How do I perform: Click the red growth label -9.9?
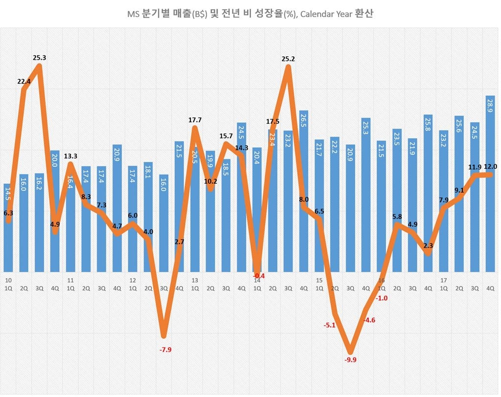tap(350, 360)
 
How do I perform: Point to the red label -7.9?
tap(165, 350)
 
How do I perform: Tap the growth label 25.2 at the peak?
tap(288, 59)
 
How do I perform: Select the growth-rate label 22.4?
tap(23, 82)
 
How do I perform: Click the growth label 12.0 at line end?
tap(489, 167)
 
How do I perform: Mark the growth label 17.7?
tap(195, 120)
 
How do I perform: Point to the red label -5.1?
tap(329, 325)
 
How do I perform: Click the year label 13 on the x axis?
tap(195, 281)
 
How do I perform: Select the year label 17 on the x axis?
tap(443, 281)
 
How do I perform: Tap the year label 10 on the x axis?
tap(8, 281)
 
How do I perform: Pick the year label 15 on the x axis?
tap(319, 281)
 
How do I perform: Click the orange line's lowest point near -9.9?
tap(350, 351)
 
